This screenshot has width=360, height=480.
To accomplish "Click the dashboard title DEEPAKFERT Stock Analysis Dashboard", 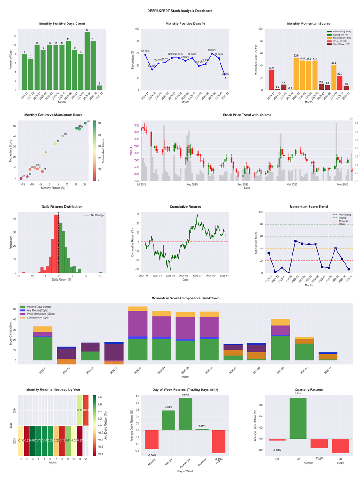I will click(180, 10).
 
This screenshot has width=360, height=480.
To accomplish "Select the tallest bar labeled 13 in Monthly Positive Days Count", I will click(87, 61).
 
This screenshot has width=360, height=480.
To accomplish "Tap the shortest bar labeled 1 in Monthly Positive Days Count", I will click(99, 87).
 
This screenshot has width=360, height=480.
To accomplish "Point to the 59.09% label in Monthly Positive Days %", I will click(212, 50).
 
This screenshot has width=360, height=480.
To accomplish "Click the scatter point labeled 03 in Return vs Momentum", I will click(85, 123).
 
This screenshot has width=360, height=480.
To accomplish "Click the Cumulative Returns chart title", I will click(185, 207).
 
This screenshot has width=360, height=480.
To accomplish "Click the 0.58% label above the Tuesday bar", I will click(169, 407).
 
